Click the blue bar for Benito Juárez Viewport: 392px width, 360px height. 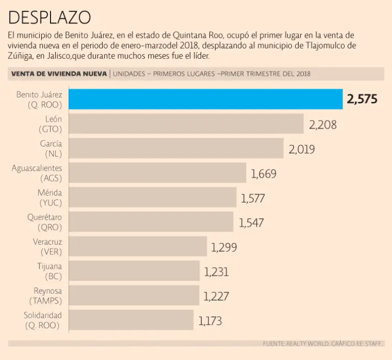(x=205, y=99)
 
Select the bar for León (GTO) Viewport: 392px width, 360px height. (x=186, y=124)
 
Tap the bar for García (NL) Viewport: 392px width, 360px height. (x=176, y=148)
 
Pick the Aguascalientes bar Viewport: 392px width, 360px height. (x=157, y=173)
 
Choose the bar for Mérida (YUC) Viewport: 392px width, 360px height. (x=152, y=197)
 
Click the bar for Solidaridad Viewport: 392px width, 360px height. (x=131, y=320)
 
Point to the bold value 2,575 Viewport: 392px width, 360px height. (x=362, y=99)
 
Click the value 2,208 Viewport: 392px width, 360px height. (x=323, y=124)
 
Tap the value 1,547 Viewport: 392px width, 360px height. (x=252, y=222)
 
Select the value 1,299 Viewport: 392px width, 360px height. (x=224, y=247)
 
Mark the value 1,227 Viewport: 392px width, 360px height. (x=216, y=296)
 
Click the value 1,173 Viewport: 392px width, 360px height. (x=210, y=321)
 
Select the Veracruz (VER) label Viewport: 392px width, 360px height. (x=47, y=247)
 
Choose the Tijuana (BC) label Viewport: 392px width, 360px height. (x=50, y=271)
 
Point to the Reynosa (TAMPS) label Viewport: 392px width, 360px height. (x=46, y=296)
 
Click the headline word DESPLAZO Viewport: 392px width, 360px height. (x=50, y=18)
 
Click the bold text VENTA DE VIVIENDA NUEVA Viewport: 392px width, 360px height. (x=59, y=74)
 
